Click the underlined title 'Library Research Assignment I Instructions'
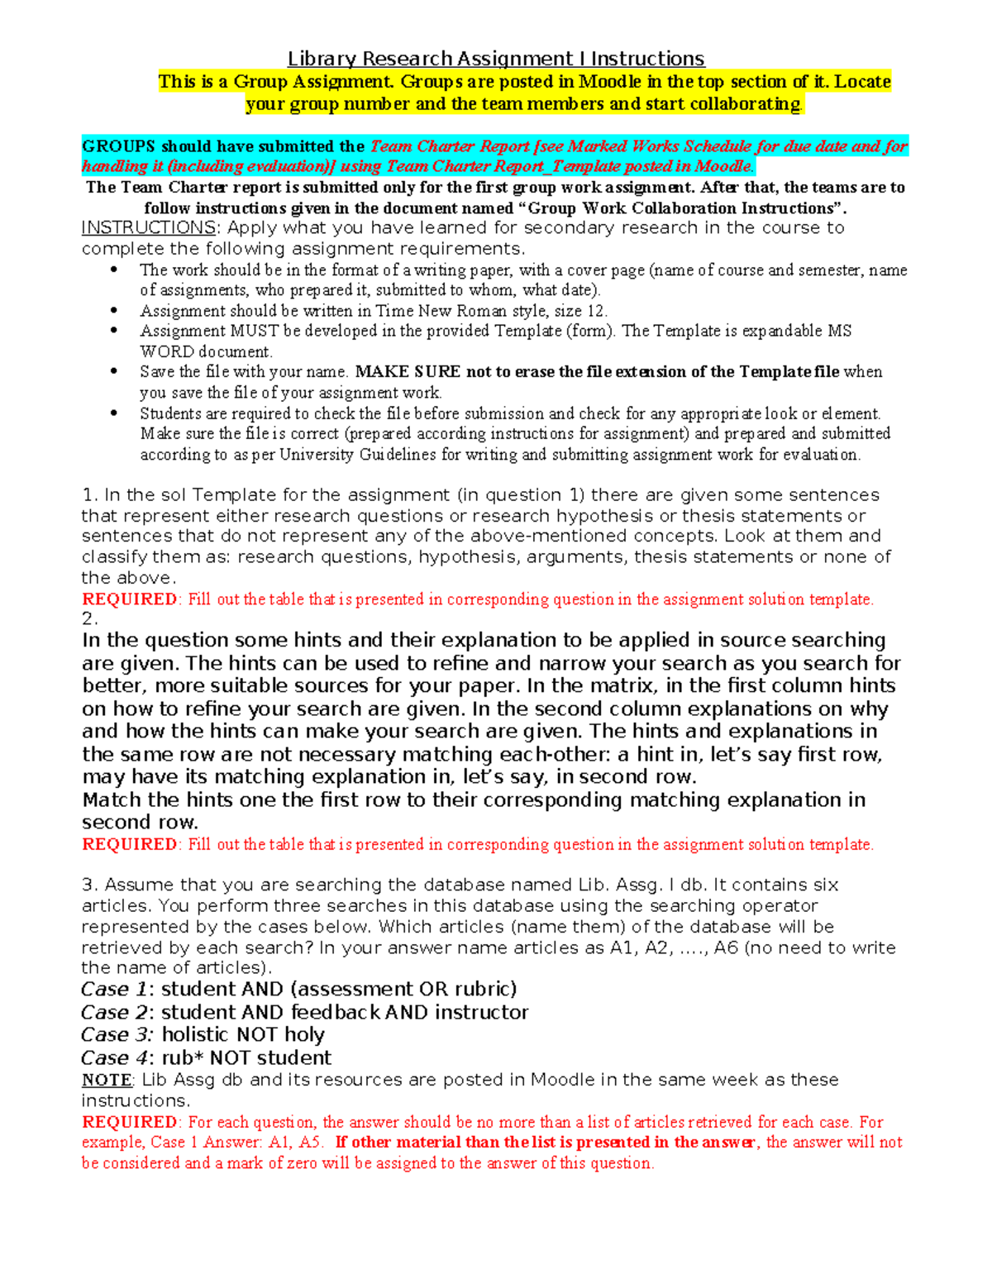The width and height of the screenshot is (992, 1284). coord(495,59)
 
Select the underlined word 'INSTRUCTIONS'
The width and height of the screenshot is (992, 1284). coord(148,228)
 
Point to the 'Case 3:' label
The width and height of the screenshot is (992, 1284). coord(117,1035)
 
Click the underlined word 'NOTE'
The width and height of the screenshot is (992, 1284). coord(106,1081)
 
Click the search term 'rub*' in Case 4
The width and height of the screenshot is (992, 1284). coord(182,1058)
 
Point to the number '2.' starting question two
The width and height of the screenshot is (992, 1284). coord(89,619)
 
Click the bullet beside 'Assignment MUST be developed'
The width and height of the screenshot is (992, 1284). coord(114,331)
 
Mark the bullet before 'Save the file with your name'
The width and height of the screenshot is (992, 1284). coord(114,372)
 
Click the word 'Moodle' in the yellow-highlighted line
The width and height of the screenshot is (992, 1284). coord(609,82)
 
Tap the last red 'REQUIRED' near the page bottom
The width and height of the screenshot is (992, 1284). coord(129,1123)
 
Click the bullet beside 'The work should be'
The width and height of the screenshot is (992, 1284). coord(114,270)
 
